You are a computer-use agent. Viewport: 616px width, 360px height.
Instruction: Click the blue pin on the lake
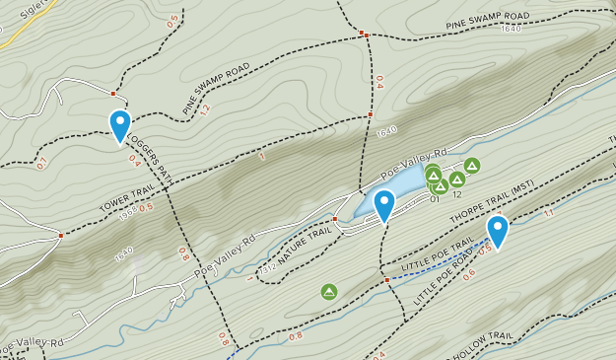383,205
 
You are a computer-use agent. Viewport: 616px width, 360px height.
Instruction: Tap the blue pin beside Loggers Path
120,126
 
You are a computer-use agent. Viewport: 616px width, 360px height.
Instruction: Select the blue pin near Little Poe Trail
497,231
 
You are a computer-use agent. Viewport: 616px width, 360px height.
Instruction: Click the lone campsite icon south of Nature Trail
329,291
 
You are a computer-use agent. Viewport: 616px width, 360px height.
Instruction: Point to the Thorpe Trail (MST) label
492,201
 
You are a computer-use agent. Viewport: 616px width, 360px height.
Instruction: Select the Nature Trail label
304,240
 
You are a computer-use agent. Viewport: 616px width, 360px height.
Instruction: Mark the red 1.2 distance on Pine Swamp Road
205,109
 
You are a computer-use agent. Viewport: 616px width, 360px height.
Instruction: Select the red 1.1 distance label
549,213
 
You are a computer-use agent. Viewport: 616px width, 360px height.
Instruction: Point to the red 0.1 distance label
42,164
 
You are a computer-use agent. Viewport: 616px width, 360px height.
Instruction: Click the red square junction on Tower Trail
61,235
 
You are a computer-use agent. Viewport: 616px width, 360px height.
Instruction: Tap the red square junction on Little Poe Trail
386,279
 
